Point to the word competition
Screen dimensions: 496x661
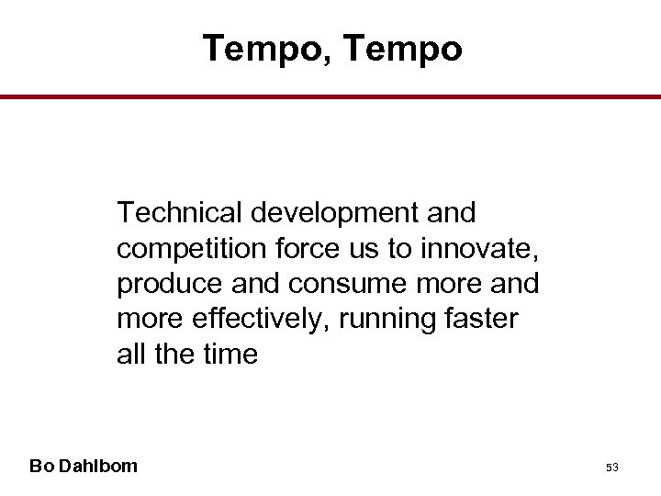[x=187, y=249]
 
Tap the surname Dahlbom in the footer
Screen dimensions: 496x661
[x=96, y=466]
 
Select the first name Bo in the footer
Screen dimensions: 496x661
[x=40, y=466]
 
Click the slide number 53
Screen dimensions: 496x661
[x=612, y=468]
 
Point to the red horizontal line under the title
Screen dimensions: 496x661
[x=330, y=96]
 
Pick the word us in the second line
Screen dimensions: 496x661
[x=353, y=249]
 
